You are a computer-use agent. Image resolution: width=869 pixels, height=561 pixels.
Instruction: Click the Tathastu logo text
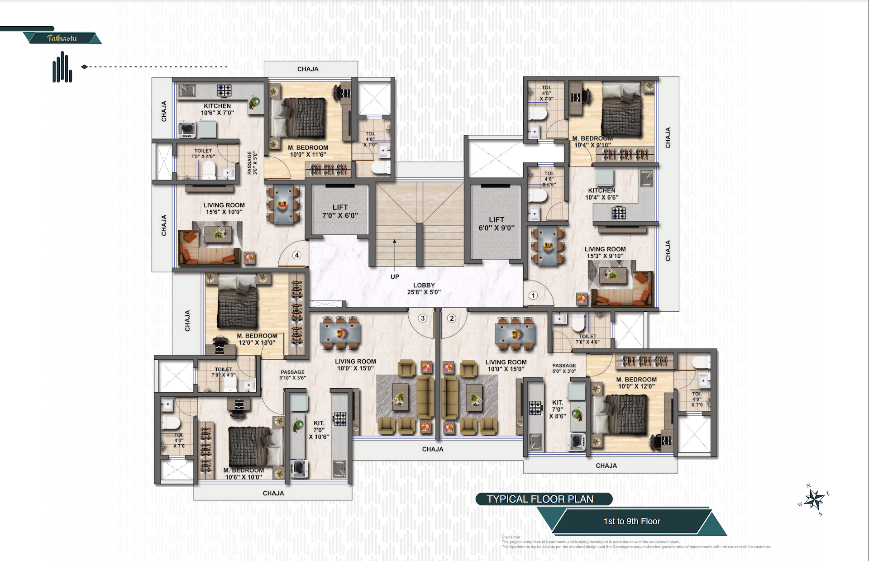(x=62, y=38)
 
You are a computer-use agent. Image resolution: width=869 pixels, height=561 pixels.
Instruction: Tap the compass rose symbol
(x=814, y=500)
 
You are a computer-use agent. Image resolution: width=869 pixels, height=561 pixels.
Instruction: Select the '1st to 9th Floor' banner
(x=632, y=521)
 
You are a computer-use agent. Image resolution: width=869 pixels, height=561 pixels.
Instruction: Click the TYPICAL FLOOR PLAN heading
(x=540, y=499)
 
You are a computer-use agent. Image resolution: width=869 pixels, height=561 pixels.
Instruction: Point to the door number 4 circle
(x=297, y=255)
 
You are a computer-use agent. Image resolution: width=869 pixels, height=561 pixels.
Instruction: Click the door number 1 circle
(x=533, y=295)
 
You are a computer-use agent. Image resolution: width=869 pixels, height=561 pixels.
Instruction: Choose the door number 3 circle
(x=423, y=318)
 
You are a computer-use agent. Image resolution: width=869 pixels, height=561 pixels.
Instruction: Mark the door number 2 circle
(x=451, y=318)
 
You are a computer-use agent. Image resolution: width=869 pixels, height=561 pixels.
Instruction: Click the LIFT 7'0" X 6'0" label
(x=340, y=211)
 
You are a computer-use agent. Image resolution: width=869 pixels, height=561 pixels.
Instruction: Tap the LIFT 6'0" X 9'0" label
(x=497, y=223)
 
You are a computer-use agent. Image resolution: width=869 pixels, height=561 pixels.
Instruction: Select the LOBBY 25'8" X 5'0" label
(x=424, y=289)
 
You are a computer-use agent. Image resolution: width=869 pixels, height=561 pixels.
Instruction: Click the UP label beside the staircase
(x=395, y=276)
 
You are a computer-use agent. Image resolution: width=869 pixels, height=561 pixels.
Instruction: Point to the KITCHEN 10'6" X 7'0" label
(x=217, y=109)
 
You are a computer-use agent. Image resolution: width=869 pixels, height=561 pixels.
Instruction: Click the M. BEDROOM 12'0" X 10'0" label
(x=257, y=339)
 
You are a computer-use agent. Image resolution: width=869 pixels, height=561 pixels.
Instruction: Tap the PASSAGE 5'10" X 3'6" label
(x=292, y=375)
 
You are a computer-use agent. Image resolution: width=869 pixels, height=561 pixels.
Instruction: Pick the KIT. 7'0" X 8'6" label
(x=558, y=409)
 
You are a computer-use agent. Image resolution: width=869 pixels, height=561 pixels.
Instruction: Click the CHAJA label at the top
(x=308, y=69)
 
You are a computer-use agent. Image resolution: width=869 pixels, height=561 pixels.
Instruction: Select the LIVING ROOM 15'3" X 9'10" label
(x=605, y=252)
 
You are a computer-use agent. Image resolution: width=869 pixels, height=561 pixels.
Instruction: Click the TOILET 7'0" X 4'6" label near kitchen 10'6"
(x=203, y=153)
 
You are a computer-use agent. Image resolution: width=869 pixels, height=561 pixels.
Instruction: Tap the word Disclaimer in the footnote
(x=511, y=537)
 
